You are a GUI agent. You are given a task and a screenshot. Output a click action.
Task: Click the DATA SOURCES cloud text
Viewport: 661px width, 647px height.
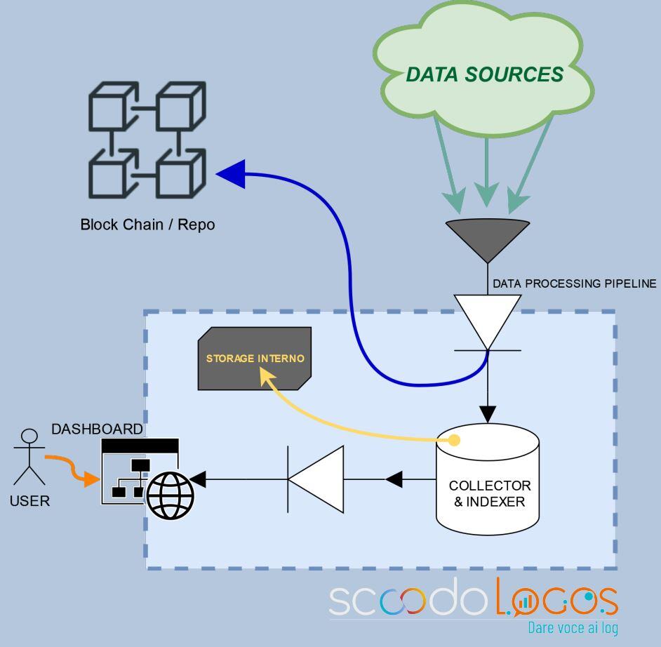[x=484, y=74]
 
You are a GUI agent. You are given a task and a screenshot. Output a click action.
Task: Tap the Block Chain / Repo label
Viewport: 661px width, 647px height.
[x=147, y=225]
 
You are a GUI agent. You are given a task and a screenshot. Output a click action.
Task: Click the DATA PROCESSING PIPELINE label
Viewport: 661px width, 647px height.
[x=575, y=284]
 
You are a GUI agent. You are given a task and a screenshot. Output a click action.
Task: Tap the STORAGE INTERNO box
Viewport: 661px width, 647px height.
[x=255, y=359]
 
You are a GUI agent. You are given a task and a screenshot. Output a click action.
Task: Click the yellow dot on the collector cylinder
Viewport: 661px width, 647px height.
[x=454, y=441]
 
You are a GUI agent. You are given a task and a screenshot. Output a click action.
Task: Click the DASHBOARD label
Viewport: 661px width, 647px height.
[x=97, y=429]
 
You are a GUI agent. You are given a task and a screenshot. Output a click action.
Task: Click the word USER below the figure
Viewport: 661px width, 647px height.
[x=30, y=502]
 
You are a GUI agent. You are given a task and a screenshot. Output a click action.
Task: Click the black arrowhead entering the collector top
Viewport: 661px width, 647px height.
[x=488, y=413]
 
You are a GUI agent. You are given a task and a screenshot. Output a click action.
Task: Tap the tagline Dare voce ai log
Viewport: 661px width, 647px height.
[x=573, y=627]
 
